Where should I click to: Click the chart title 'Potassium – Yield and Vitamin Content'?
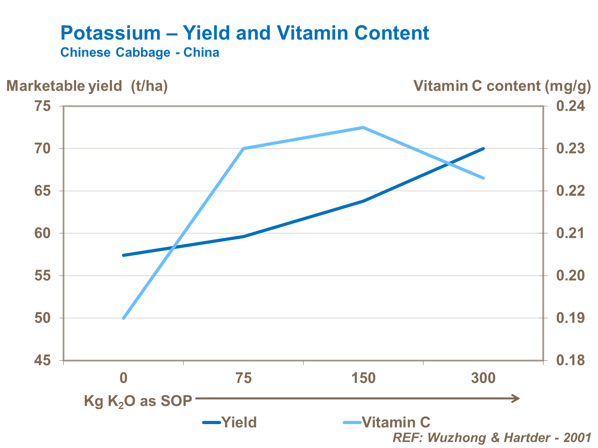(x=245, y=33)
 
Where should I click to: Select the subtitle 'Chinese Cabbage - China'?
(x=139, y=53)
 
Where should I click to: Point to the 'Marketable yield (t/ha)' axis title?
(x=87, y=86)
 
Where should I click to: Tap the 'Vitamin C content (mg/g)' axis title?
(x=502, y=86)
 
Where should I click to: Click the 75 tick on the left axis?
(x=43, y=106)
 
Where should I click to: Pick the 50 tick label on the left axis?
(x=43, y=318)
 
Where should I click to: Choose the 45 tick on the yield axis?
(x=43, y=361)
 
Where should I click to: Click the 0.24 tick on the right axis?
(x=571, y=106)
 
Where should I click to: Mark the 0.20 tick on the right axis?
(x=571, y=276)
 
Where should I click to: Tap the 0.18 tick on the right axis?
(x=571, y=361)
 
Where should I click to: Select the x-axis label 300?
(x=483, y=378)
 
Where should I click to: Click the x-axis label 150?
(x=363, y=378)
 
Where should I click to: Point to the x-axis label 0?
(x=124, y=378)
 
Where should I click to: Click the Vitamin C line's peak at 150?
(x=363, y=127)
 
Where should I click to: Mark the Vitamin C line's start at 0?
(x=124, y=318)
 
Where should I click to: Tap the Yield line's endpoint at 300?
(x=483, y=149)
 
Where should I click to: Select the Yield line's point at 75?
(x=243, y=237)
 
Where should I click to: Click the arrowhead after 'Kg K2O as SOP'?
(x=516, y=399)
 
